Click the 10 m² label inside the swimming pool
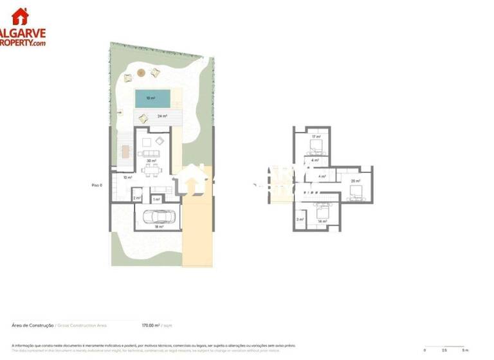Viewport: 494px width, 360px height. pos(151,98)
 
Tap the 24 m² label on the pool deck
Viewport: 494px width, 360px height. pos(162,116)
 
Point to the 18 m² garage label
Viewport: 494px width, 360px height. pos(158,227)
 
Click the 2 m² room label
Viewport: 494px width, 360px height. pos(137,199)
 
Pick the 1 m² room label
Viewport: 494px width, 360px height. pos(156,199)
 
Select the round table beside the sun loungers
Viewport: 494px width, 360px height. pos(142,74)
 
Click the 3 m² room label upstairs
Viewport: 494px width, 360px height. pos(300,219)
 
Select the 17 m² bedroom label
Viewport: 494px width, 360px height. pos(316,137)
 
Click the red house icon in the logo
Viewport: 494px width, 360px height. pos(20,15)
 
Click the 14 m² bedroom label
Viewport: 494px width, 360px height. pos(322,221)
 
